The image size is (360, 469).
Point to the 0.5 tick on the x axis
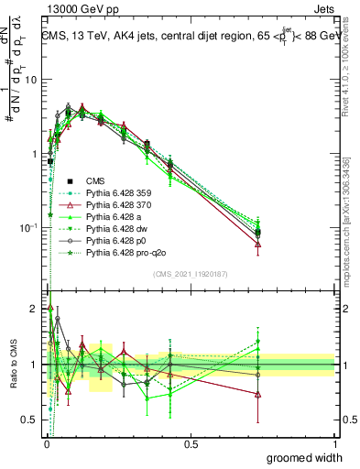pyautogui.click(x=191, y=444)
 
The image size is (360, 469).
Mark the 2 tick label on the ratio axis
pyautogui.click(x=35, y=309)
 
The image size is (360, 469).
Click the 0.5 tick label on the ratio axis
pyautogui.click(x=31, y=420)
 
